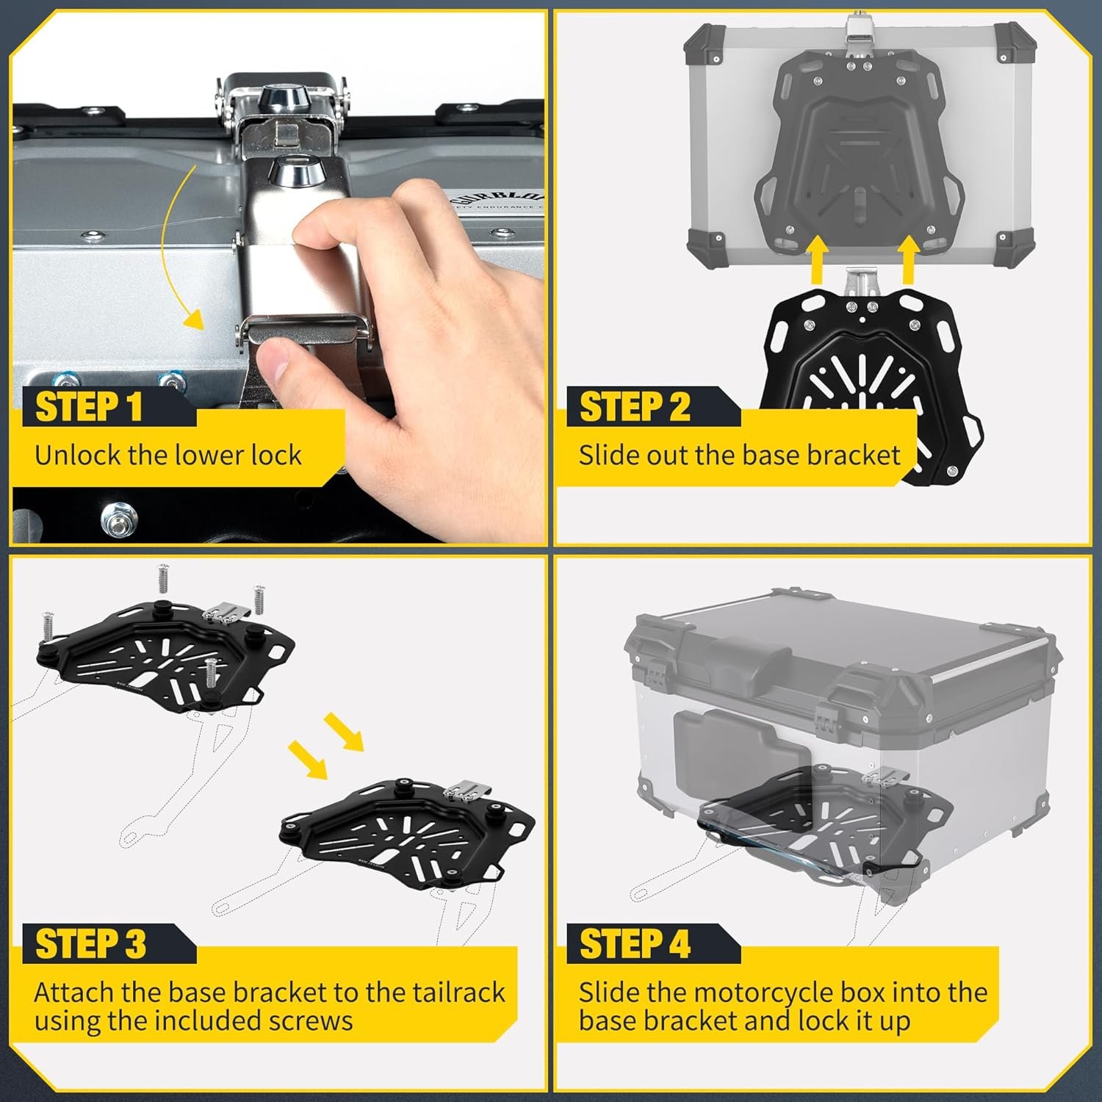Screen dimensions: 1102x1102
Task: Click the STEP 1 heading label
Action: [x=89, y=407]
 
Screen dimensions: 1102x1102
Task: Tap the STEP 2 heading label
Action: [x=635, y=407]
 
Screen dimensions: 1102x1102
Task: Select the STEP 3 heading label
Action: [x=91, y=944]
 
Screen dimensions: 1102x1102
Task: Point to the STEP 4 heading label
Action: [x=635, y=944]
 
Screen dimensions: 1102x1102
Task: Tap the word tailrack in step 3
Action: [x=458, y=993]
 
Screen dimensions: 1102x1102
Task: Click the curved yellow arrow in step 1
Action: [x=170, y=242]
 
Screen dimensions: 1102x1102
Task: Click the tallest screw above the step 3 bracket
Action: [x=163, y=580]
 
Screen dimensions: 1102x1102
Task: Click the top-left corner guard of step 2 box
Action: [x=706, y=43]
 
